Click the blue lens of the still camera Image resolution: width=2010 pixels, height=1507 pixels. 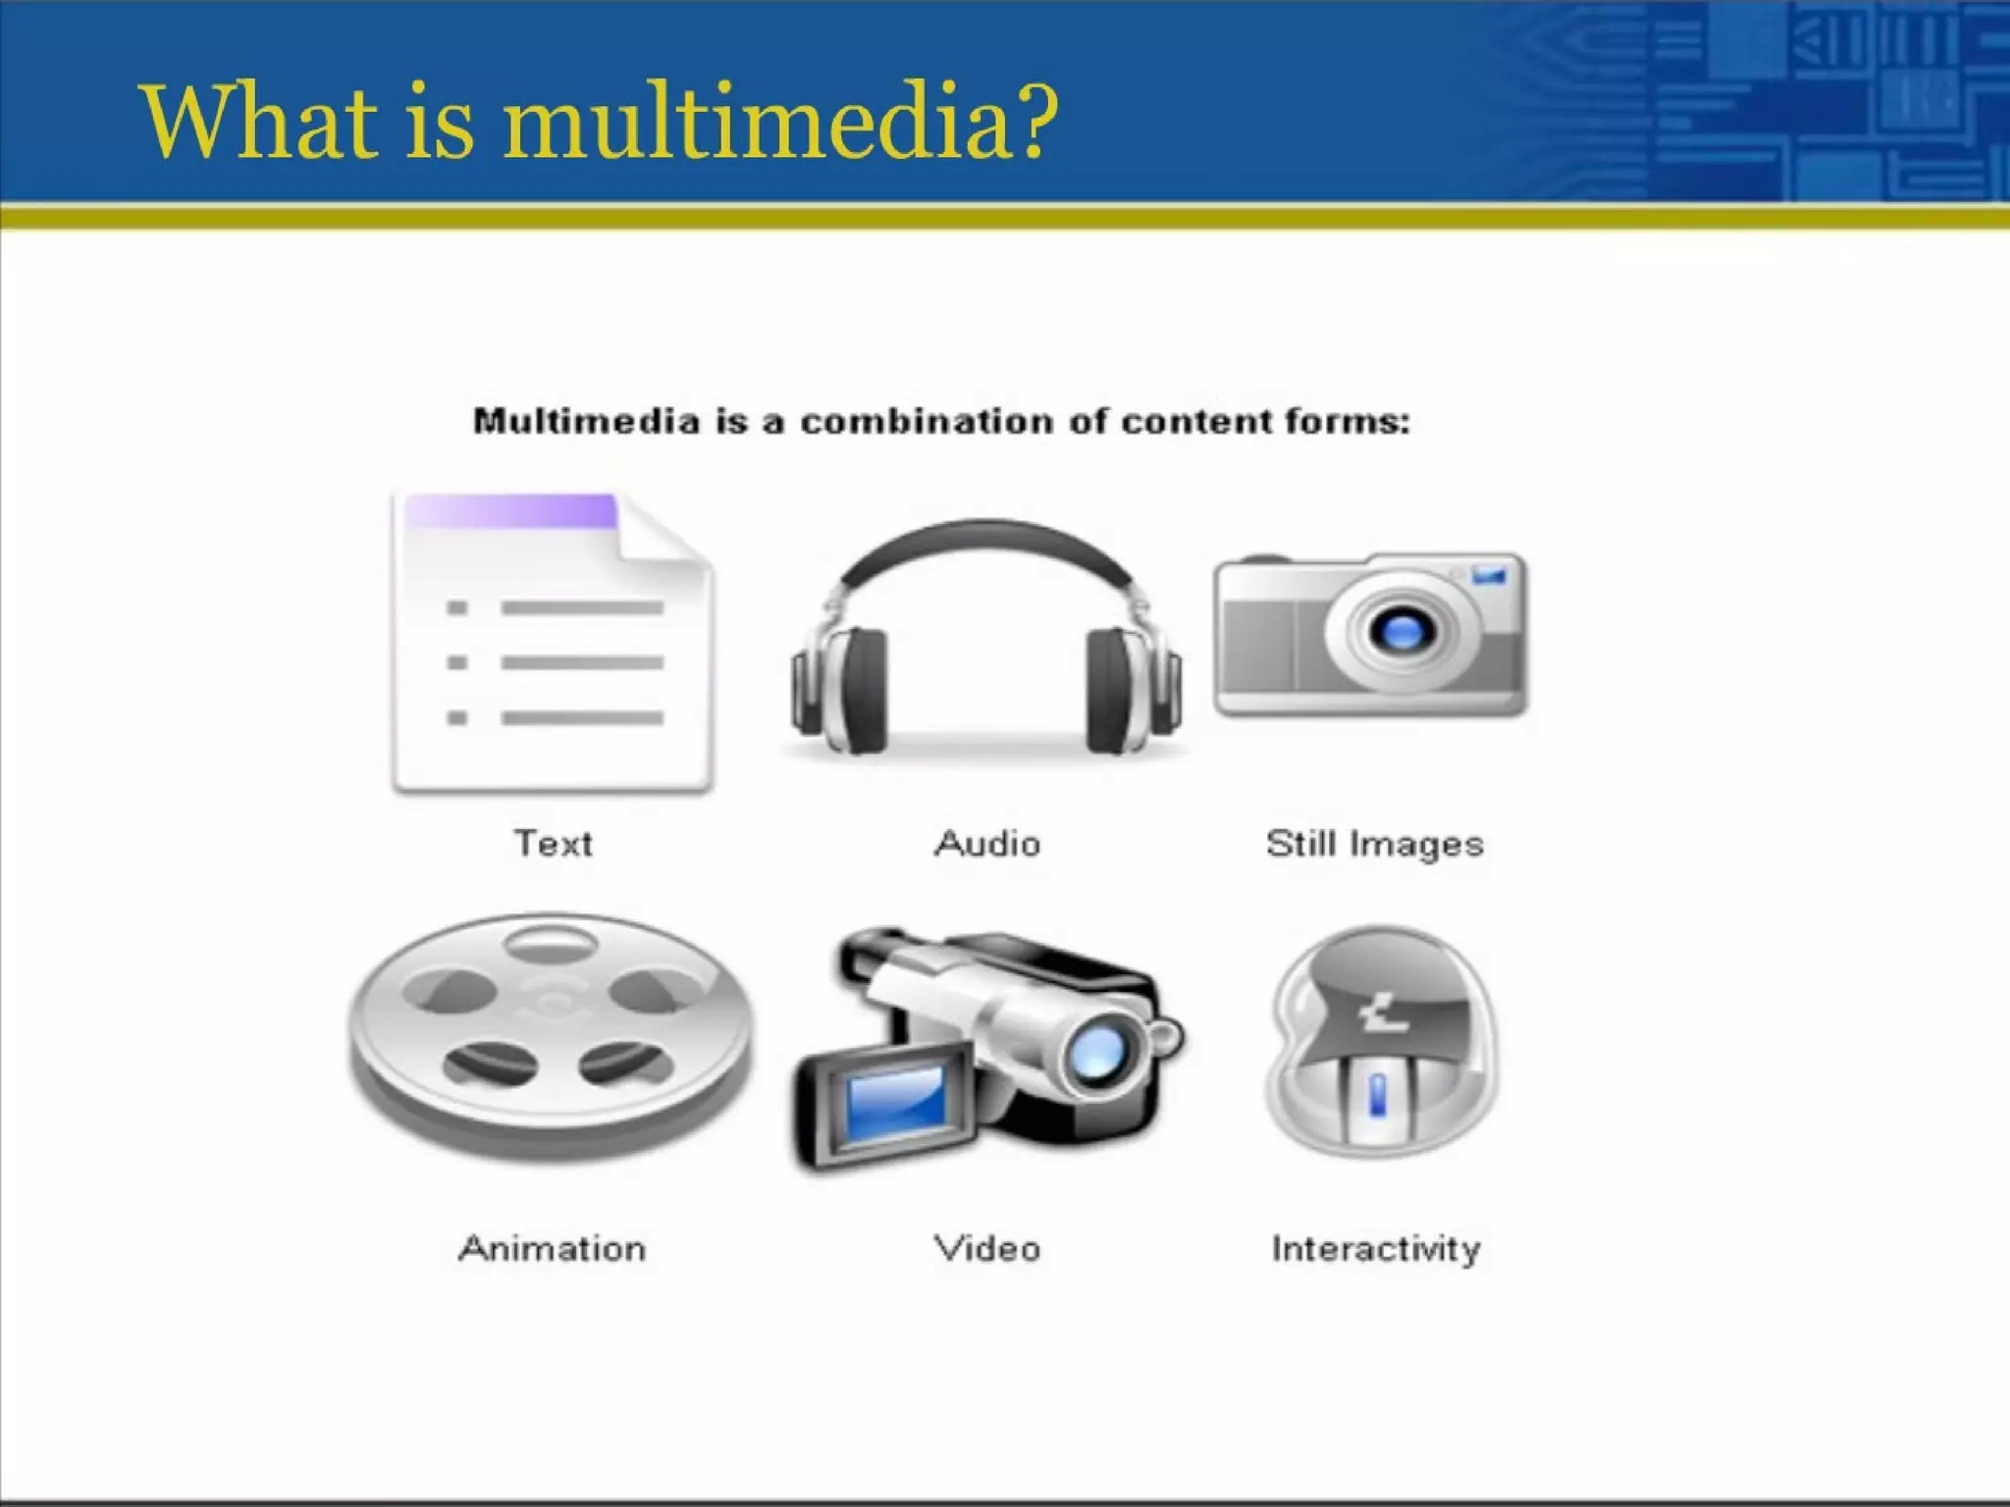tap(1401, 631)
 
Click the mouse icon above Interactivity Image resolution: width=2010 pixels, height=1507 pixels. tap(1382, 1040)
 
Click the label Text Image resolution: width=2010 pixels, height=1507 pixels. tap(554, 844)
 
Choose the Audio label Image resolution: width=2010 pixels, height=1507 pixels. tap(987, 844)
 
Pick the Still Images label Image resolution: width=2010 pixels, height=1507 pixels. tap(1374, 844)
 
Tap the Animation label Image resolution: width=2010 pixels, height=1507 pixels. tap(553, 1249)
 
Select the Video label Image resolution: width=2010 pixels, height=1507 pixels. tap(987, 1249)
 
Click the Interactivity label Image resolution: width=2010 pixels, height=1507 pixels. tap(1376, 1249)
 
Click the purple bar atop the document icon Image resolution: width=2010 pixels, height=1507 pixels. tap(510, 511)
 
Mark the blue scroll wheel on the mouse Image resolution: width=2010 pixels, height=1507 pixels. tap(1377, 1094)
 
